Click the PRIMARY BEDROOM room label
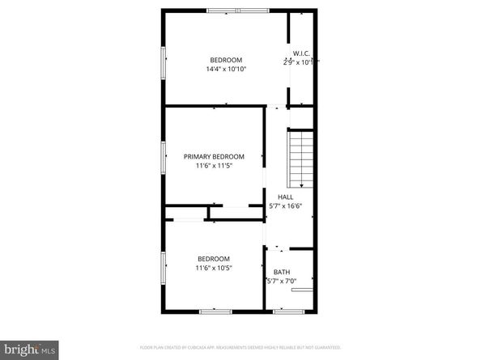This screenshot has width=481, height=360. (x=214, y=156)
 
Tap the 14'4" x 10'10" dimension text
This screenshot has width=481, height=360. (x=226, y=70)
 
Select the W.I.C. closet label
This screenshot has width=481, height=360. (x=301, y=53)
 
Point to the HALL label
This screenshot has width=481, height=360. (x=286, y=197)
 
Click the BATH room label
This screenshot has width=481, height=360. (x=282, y=272)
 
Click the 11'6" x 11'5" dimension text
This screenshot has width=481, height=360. (x=214, y=166)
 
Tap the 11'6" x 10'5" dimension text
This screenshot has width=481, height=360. (x=214, y=268)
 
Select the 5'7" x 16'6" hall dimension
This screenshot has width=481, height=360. (x=286, y=206)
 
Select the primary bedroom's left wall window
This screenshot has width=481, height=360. (x=164, y=156)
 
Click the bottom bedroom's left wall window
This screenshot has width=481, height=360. (x=164, y=267)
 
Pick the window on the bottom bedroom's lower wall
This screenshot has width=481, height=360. (x=215, y=311)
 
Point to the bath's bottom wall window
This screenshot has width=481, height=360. (x=289, y=311)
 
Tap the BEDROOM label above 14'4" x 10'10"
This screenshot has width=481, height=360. (x=226, y=60)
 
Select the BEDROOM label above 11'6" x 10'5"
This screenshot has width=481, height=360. (x=214, y=258)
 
